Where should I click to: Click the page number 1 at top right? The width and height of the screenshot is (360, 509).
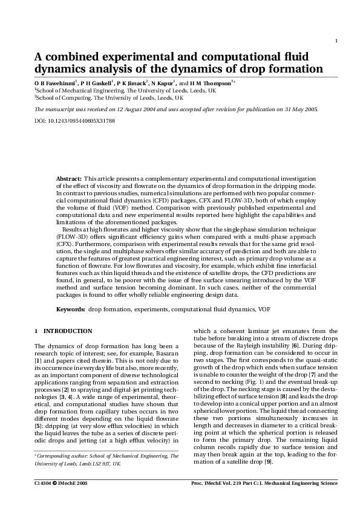335,41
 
